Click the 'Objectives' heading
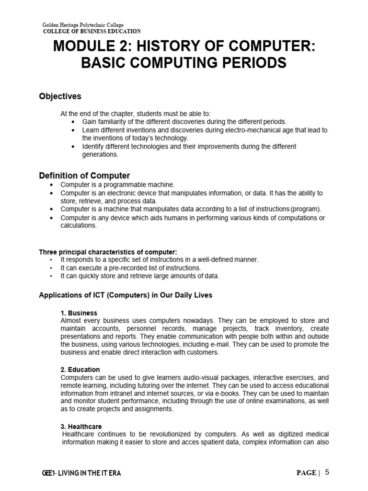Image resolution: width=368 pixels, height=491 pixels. (60, 96)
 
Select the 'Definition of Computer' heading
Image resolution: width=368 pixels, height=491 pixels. (84, 175)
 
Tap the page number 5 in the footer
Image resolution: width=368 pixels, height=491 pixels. (327, 472)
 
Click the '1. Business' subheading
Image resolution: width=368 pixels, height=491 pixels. (79, 313)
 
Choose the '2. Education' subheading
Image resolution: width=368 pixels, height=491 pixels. (80, 370)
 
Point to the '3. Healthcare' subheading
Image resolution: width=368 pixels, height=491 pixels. (81, 426)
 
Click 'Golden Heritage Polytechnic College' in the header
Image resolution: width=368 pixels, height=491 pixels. (83, 25)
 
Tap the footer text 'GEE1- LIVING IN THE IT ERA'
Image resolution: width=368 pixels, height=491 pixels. (81, 473)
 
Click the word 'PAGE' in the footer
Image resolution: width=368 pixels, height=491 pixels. (306, 473)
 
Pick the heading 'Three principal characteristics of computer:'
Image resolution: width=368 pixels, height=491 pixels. (108, 252)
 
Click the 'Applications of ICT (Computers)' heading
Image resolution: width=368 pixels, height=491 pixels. (125, 295)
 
